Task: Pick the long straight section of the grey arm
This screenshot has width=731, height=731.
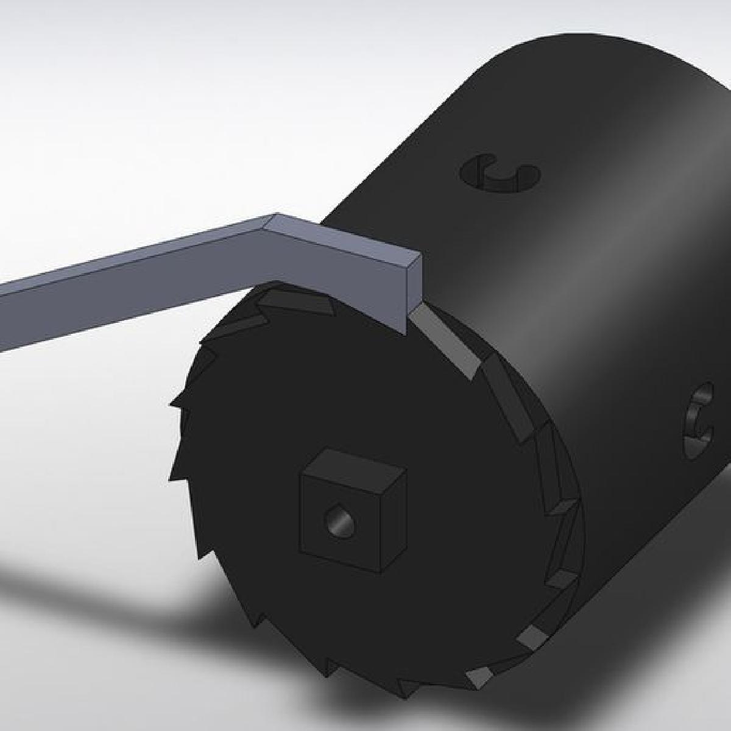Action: (122, 286)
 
